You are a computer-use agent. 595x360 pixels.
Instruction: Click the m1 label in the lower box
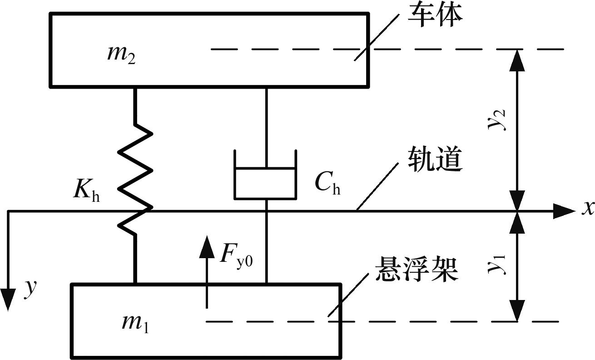point(135,323)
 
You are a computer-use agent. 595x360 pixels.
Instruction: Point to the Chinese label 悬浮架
point(416,271)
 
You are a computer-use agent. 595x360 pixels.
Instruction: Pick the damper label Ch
point(327,183)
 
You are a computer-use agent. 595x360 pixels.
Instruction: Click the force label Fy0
point(236,255)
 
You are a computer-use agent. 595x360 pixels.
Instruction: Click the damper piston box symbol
point(265,183)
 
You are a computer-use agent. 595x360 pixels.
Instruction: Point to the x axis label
point(588,208)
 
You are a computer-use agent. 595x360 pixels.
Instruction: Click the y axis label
point(30,288)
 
